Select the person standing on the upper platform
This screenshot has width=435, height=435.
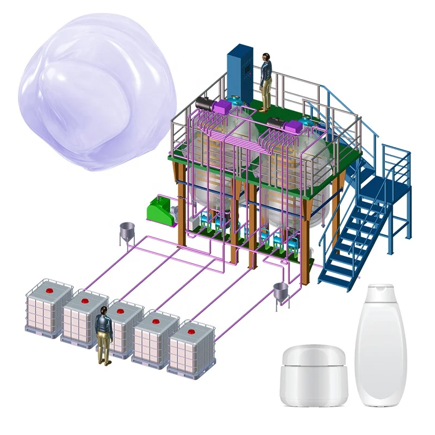[x=266, y=82]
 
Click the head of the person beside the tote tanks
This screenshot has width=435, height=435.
[x=103, y=311]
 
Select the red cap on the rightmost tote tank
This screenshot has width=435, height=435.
[x=190, y=330]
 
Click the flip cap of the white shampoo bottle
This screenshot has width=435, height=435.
[x=380, y=294]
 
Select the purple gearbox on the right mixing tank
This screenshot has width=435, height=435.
[x=294, y=126]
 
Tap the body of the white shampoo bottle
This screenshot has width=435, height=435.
[x=380, y=359]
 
